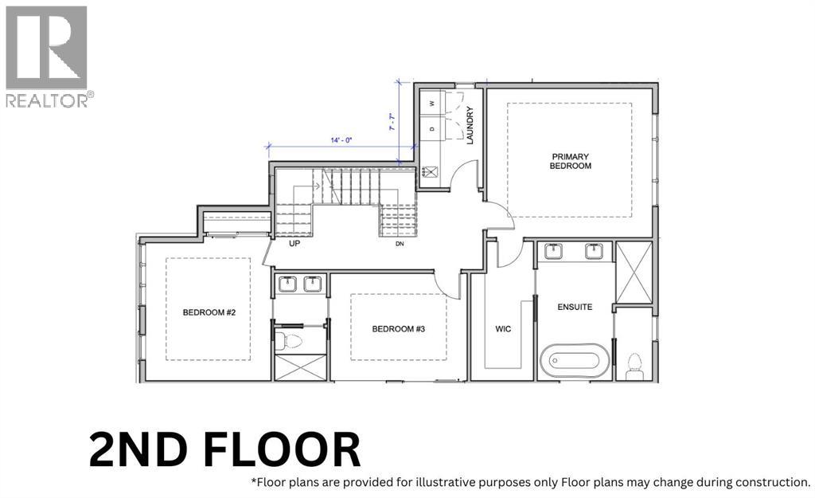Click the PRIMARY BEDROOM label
click(571, 161)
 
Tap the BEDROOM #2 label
click(209, 313)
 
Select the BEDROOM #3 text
click(398, 328)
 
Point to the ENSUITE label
click(574, 307)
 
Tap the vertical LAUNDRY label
click(470, 128)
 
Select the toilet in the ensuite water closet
click(634, 365)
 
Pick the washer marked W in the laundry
click(432, 104)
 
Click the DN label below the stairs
click(400, 244)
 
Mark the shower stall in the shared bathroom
click(299, 367)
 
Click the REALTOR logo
click(48, 56)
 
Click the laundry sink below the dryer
click(432, 171)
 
